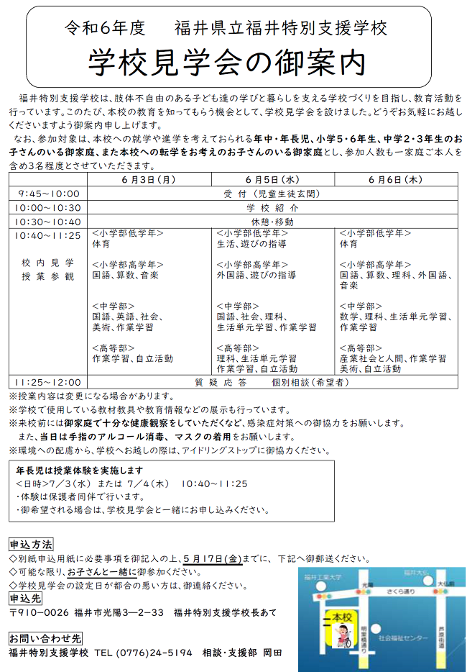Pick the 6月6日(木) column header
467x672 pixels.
click(396, 179)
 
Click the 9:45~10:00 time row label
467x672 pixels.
click(48, 194)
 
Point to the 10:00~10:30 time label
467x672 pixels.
click(48, 207)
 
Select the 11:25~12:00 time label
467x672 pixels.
click(48, 382)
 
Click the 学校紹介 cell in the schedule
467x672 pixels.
click(272, 207)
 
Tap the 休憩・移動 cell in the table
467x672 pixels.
click(272, 222)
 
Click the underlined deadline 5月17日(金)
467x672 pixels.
click(213, 558)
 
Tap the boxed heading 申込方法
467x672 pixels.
click(30, 544)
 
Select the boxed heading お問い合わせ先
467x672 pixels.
click(45, 638)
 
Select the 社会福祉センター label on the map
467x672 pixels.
click(402, 638)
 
